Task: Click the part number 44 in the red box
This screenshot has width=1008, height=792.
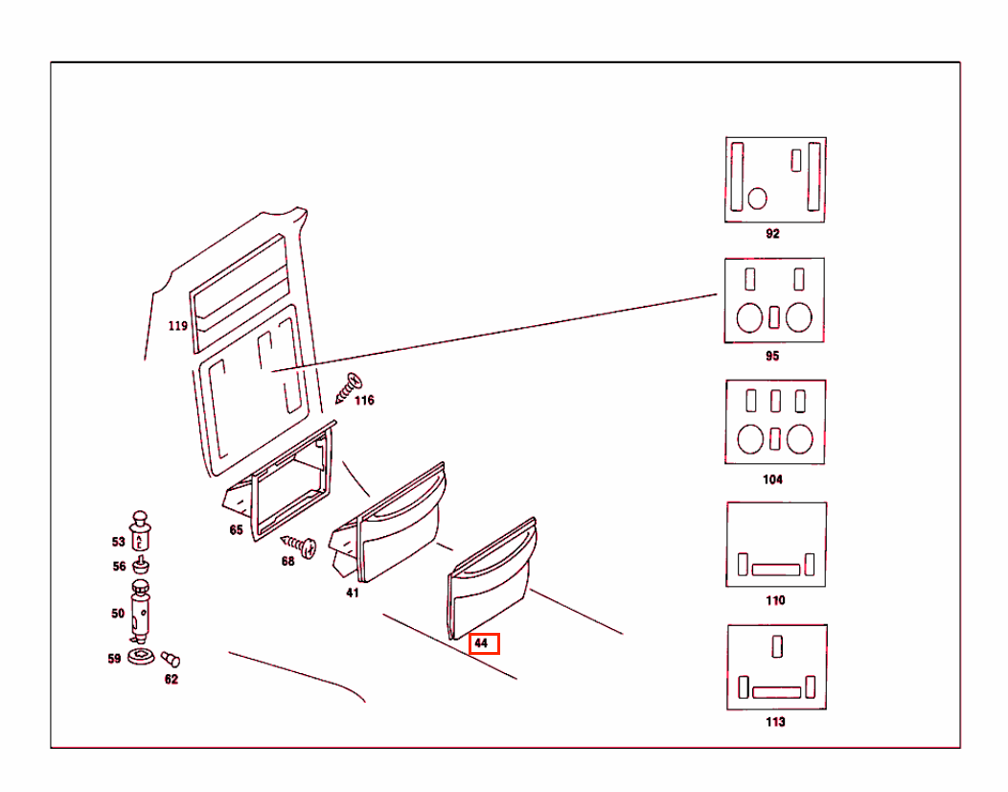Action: point(481,642)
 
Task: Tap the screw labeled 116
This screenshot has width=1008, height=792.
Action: point(349,388)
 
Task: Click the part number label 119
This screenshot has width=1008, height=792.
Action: point(178,326)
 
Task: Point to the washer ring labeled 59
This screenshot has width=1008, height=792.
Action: point(141,657)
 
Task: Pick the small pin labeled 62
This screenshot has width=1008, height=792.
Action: point(171,659)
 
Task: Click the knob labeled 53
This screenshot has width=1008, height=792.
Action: point(140,531)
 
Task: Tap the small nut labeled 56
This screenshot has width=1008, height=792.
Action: point(141,566)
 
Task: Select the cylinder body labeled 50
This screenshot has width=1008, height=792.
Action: point(140,611)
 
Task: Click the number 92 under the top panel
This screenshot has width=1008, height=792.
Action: point(772,234)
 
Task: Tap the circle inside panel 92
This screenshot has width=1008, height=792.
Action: point(757,198)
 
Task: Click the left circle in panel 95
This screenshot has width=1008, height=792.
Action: point(749,317)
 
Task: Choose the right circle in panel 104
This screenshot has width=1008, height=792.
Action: point(800,439)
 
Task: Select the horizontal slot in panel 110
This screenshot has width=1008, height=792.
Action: point(776,570)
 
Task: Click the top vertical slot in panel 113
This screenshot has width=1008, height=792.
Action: point(777,646)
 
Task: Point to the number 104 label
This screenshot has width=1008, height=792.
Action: point(772,479)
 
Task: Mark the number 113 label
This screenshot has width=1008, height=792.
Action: point(775,722)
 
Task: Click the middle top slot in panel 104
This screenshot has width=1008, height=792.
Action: point(775,401)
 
